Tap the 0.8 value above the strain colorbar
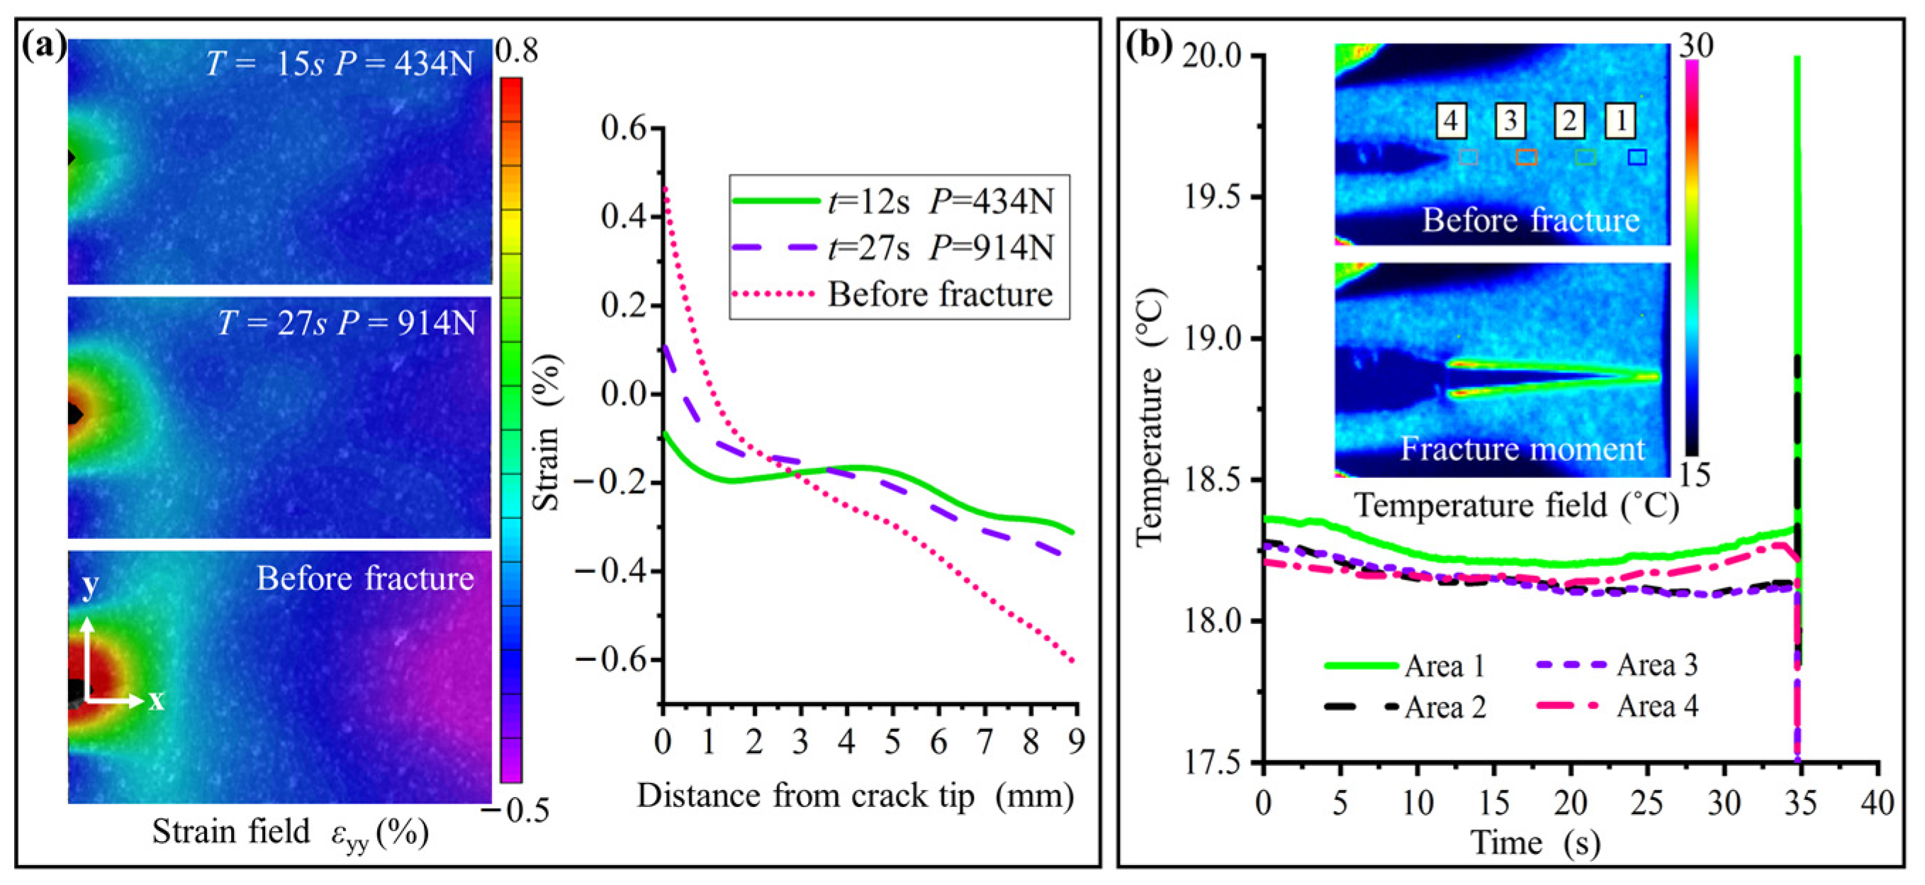(x=517, y=52)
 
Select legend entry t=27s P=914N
(x=940, y=248)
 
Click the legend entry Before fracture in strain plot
(x=940, y=294)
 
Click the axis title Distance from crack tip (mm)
(x=855, y=796)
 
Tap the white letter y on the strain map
(x=90, y=584)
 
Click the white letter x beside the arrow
(x=155, y=701)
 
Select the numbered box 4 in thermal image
(x=1450, y=121)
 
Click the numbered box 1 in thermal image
(x=1621, y=121)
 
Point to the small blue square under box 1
(x=1637, y=157)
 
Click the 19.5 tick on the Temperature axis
(x=1210, y=197)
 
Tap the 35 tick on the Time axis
(x=1799, y=803)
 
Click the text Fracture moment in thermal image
(x=1522, y=449)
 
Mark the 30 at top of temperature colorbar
(x=1695, y=46)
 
